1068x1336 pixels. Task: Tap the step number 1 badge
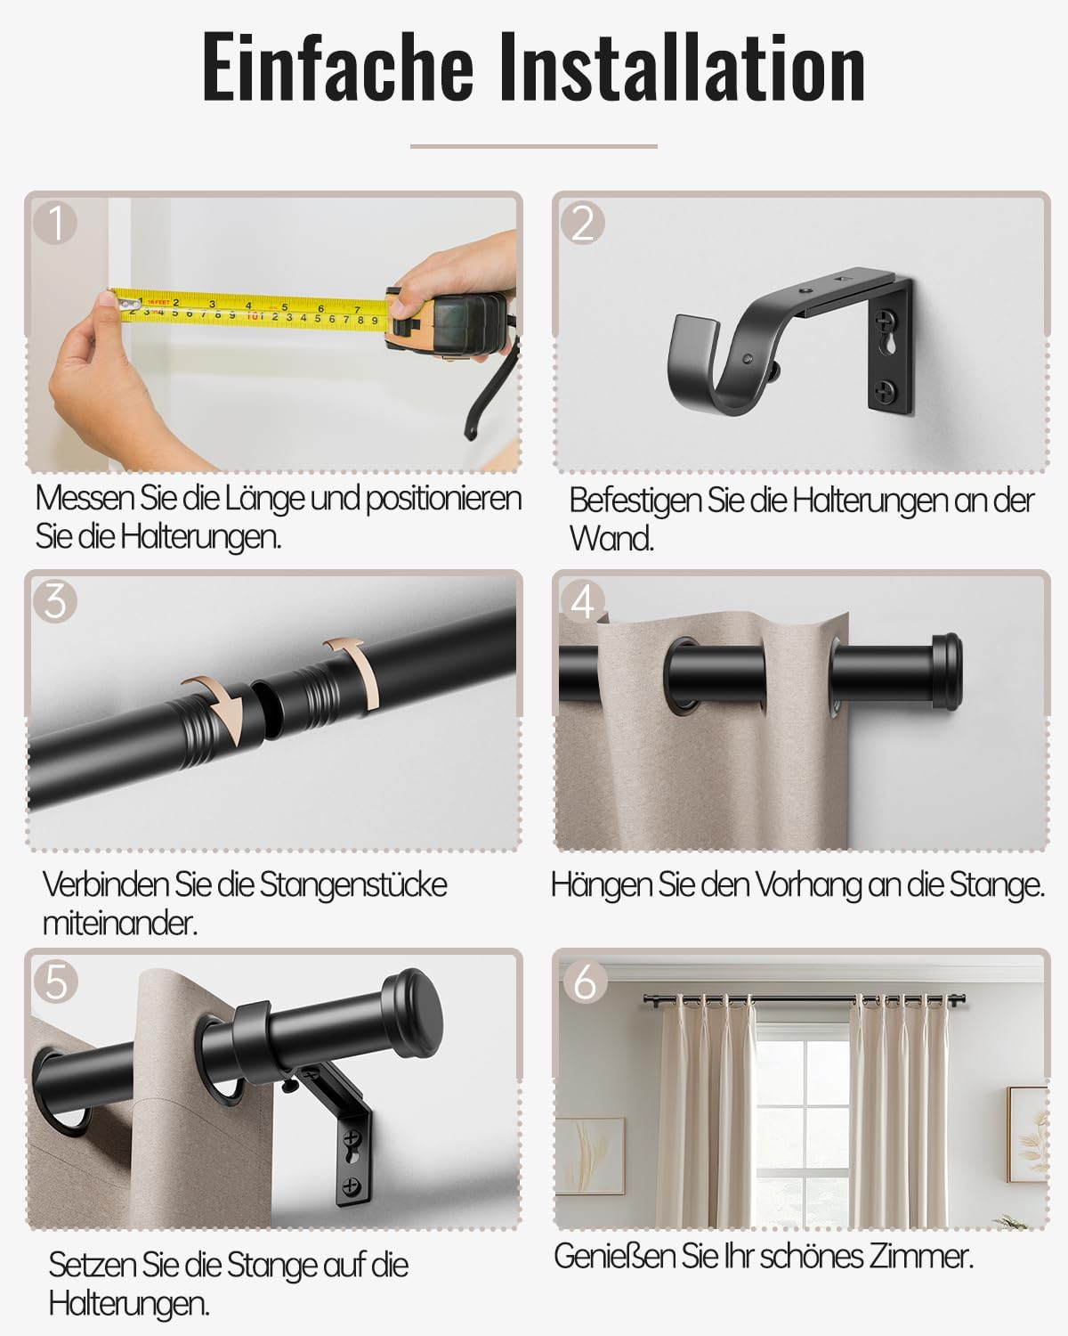tap(56, 223)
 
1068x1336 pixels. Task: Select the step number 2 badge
tap(583, 223)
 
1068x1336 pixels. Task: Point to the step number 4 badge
tap(583, 603)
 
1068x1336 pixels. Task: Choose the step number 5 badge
tap(56, 982)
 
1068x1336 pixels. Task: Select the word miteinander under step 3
tap(118, 924)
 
